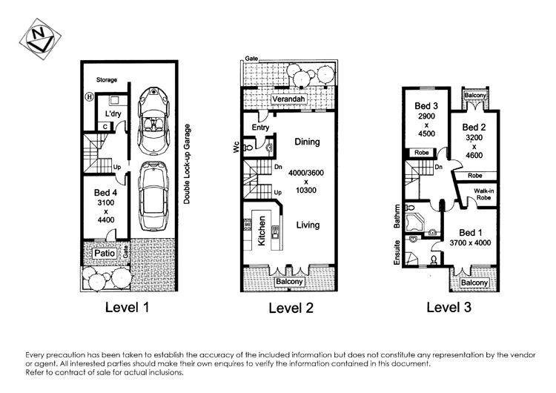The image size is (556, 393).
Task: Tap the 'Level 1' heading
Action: click(128, 307)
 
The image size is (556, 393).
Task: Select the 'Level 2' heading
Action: click(291, 308)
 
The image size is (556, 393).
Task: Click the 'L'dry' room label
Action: click(113, 114)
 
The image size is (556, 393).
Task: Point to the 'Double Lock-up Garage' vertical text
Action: click(188, 164)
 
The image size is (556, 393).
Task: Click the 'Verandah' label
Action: click(268, 100)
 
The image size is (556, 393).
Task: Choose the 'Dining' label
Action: click(306, 142)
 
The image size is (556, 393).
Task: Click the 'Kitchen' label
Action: click(260, 231)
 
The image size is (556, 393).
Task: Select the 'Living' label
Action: click(308, 225)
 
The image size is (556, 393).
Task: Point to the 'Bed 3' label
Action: click(426, 105)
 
